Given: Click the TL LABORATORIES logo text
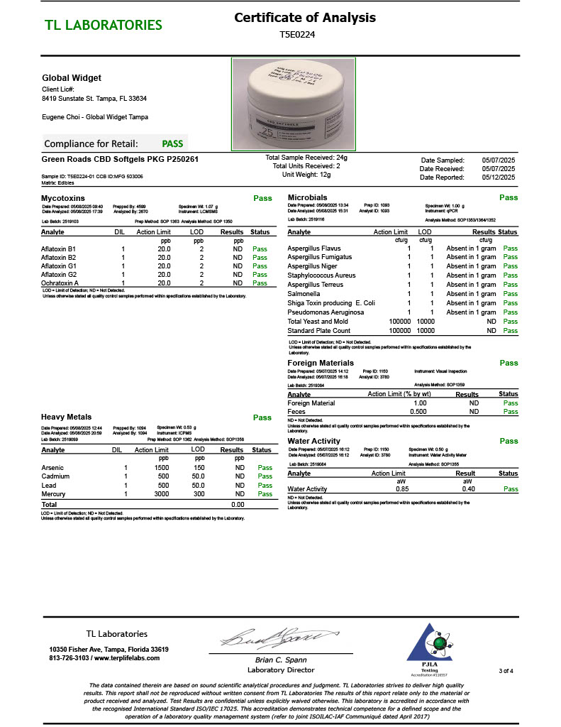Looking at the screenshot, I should coord(104,26).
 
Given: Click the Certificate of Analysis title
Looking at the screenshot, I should coord(305,18).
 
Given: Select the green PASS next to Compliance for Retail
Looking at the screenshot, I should coord(172,143).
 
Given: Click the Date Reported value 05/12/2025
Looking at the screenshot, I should coord(499,177).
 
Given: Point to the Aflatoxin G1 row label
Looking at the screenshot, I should coord(57,266).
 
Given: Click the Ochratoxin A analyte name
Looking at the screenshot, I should coord(59,283).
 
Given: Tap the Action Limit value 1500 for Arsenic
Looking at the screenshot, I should coord(162,468).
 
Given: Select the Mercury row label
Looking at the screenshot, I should coord(54,493).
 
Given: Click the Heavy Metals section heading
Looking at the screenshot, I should coord(66,417).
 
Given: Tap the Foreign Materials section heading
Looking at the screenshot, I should coord(321,363).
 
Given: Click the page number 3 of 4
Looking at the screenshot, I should coord(506,670).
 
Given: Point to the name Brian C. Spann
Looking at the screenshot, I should coord(280,660).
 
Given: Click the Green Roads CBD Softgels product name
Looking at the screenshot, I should coord(120,159).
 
